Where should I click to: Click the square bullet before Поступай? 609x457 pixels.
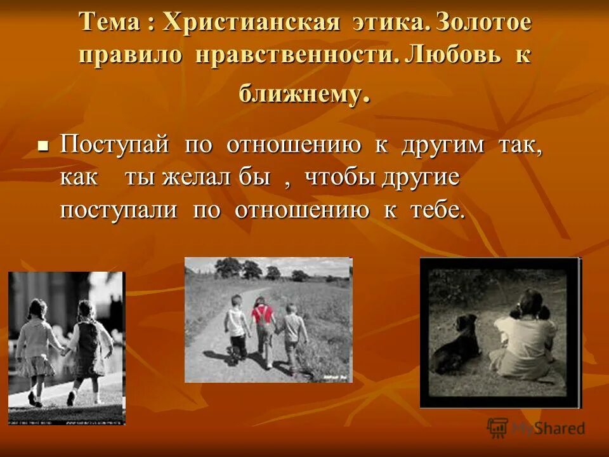point(43,145)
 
